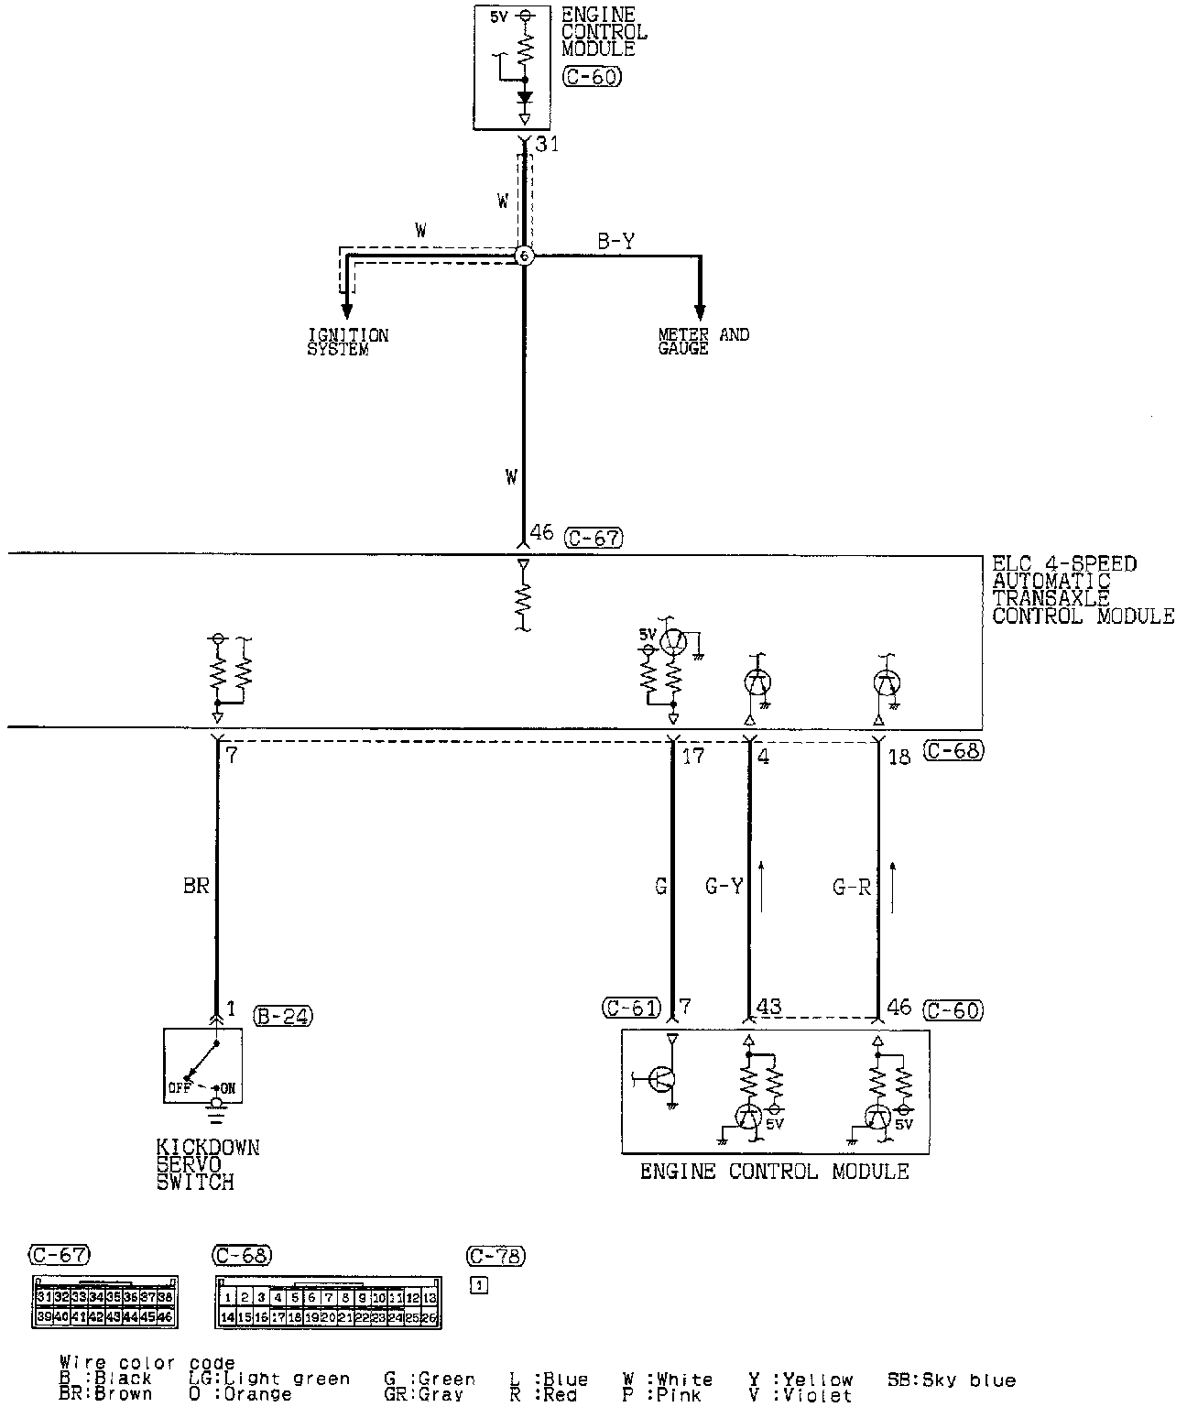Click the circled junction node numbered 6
524,256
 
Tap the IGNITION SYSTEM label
347,342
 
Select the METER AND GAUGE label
702,341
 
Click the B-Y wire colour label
616,241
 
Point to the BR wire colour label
196,886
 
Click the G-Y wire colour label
724,886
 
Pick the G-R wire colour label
851,886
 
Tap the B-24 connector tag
284,1015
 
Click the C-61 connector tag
631,1009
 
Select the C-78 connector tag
495,1256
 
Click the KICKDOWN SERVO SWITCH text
207,1164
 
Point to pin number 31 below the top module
547,144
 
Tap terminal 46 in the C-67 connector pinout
165,1317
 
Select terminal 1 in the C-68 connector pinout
226,1298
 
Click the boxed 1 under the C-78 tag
479,1285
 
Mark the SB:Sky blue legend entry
951,1380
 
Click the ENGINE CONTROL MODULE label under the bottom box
774,1172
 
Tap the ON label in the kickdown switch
228,1089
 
